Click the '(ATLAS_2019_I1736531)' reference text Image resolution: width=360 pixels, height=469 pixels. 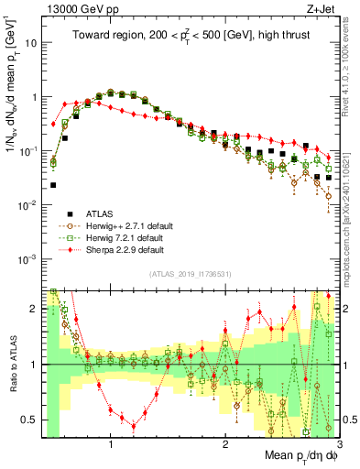(191, 274)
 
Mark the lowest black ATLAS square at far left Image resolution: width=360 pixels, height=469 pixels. (53, 185)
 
